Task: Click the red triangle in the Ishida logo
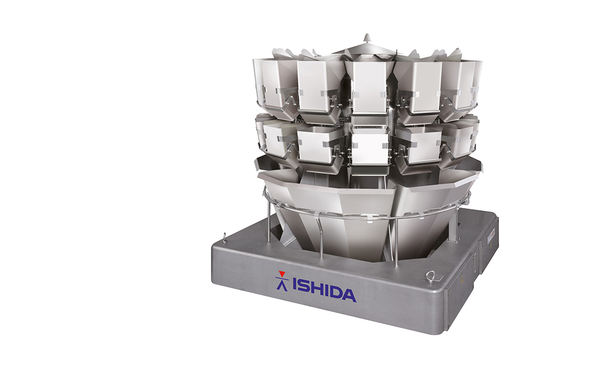(x=281, y=274)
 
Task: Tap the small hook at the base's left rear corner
(x=225, y=237)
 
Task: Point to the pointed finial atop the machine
(x=367, y=38)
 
